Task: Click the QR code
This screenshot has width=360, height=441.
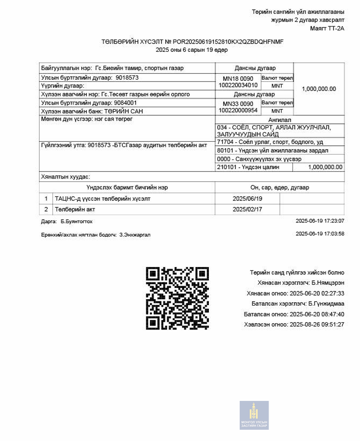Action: (178, 297)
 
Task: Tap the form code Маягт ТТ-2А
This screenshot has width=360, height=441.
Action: (327, 29)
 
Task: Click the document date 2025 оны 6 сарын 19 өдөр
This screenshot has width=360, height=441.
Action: (192, 50)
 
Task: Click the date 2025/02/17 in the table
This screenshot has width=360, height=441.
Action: (247, 209)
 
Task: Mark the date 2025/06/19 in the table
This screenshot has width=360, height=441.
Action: (247, 199)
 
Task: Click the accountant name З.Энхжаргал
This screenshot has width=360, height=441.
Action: (135, 235)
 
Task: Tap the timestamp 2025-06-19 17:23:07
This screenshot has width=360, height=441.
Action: (320, 221)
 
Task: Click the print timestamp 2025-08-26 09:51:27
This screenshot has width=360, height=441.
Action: (317, 324)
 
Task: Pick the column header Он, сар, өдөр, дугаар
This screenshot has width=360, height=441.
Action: (279, 188)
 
